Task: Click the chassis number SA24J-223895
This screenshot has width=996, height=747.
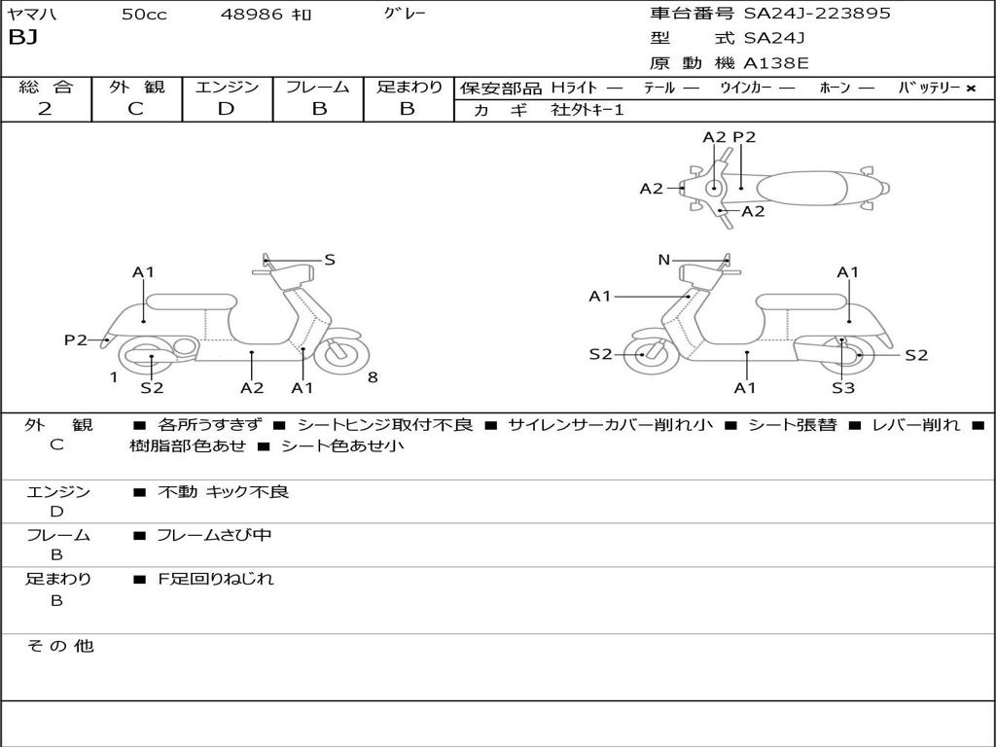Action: [x=817, y=14]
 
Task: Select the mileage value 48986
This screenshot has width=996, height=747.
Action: [x=252, y=15]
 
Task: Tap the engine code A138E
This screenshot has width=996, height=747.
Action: [x=776, y=64]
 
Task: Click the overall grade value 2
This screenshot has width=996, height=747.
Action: [x=45, y=109]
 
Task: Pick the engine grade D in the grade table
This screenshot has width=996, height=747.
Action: [x=226, y=109]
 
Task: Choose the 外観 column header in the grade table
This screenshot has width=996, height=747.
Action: [x=136, y=87]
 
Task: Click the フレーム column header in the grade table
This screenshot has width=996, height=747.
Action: [x=318, y=87]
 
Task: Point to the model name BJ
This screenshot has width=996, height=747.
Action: [x=22, y=39]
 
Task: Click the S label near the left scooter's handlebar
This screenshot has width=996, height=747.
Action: [x=330, y=260]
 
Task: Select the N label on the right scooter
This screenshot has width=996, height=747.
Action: [x=664, y=260]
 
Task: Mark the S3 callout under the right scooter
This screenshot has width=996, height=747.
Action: [x=843, y=388]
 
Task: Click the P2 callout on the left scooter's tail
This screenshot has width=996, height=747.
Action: [x=76, y=339]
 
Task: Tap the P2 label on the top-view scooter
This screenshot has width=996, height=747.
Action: [x=744, y=137]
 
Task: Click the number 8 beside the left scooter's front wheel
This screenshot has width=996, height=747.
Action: [x=373, y=377]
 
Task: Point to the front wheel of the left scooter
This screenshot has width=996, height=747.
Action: [x=342, y=354]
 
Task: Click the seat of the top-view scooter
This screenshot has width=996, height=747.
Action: [x=807, y=187]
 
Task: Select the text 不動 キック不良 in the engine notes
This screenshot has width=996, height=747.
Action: [x=224, y=492]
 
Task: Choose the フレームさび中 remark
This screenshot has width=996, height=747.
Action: [x=214, y=535]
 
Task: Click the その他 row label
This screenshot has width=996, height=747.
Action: [x=59, y=646]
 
